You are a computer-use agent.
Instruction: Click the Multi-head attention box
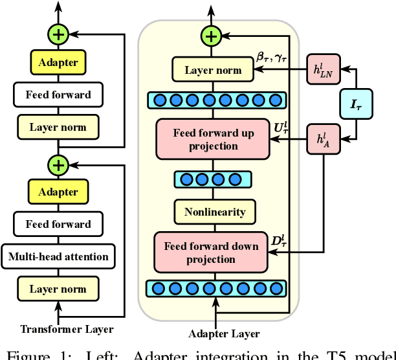58,256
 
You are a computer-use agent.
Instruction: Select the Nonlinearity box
214,212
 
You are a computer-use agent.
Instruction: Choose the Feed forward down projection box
211,253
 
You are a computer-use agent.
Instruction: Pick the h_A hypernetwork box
322,140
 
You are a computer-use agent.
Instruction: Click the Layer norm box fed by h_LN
214,70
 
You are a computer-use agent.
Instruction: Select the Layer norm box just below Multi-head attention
58,289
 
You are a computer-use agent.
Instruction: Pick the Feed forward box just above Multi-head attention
58,224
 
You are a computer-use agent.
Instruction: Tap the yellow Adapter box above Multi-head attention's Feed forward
58,192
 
